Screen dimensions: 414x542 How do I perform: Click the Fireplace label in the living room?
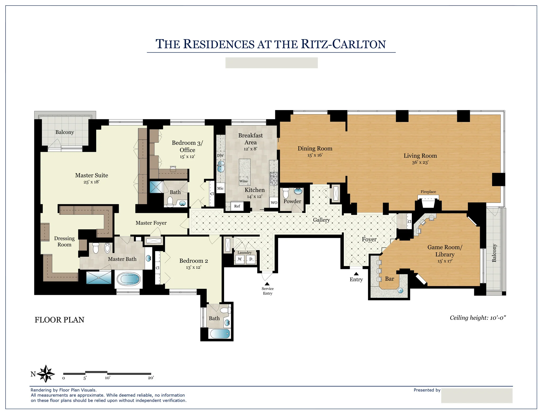(428, 192)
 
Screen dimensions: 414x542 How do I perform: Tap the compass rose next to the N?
(46, 374)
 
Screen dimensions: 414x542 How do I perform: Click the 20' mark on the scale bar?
(151, 378)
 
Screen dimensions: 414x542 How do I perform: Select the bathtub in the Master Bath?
(129, 279)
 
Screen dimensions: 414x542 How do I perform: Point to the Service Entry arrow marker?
(267, 284)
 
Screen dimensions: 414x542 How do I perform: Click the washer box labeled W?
(240, 259)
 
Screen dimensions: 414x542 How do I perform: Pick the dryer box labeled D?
(251, 259)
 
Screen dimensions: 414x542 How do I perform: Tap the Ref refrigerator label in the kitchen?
(237, 206)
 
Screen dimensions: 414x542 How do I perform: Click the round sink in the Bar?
(400, 290)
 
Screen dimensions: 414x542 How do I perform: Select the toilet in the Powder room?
(286, 193)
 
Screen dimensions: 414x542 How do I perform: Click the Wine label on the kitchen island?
(243, 181)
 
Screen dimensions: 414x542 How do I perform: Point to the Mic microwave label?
(220, 188)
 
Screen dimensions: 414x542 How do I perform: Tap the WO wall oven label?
(274, 203)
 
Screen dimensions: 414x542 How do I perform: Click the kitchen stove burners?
(274, 179)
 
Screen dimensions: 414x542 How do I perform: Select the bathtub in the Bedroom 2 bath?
(220, 334)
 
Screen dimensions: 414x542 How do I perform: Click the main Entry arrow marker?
(356, 274)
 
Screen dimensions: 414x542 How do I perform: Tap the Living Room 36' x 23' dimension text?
(420, 162)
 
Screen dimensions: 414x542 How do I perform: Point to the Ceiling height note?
(478, 318)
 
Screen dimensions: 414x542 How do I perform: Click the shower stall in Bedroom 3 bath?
(156, 187)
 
